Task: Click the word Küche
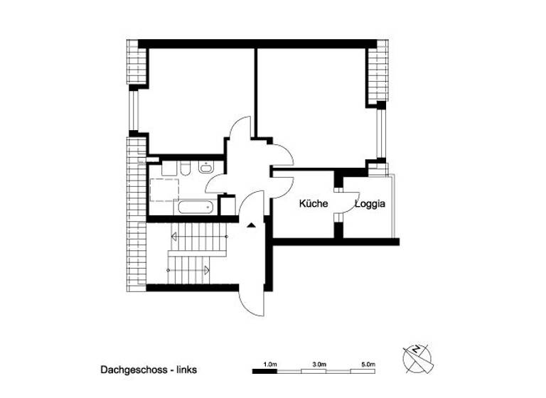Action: point(313,204)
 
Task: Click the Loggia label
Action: point(370,204)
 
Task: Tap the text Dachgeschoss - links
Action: point(149,370)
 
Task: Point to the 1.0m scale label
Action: point(269,364)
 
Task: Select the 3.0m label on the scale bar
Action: point(319,364)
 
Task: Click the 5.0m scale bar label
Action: point(368,364)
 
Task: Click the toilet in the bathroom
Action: point(185,169)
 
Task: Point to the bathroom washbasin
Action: point(207,168)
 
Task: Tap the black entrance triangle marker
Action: point(251,225)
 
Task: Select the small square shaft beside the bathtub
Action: point(228,206)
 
